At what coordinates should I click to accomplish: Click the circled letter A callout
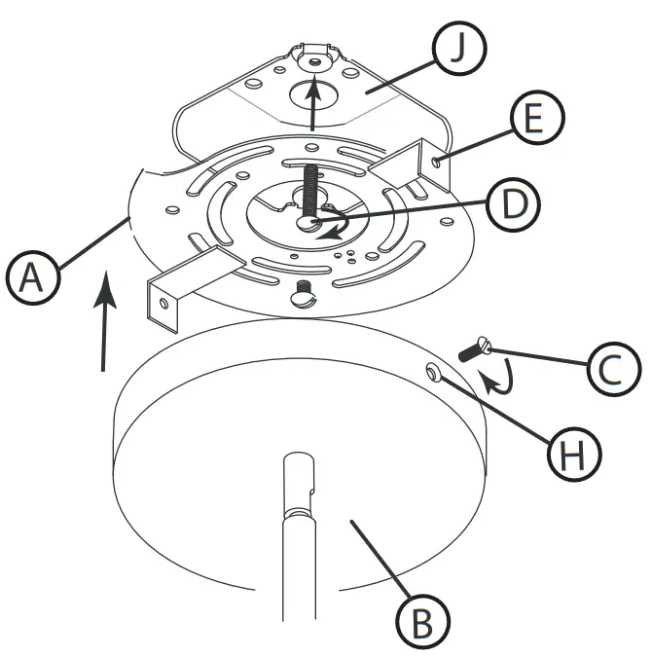pos(31,279)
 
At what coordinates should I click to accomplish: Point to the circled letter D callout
pos(507,203)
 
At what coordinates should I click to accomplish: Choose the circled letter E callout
pos(529,119)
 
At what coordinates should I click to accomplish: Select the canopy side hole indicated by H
pos(431,371)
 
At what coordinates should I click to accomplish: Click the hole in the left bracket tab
pos(163,304)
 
